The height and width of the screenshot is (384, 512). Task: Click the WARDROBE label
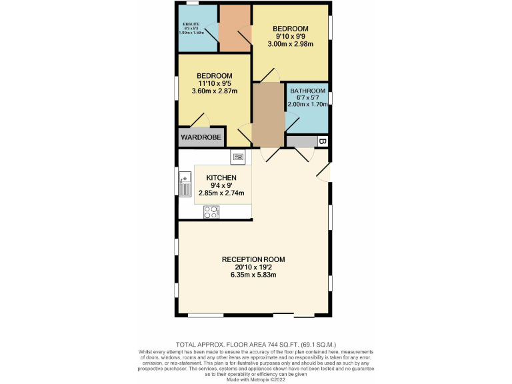(x=201, y=137)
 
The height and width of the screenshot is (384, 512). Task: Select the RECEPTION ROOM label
(x=254, y=259)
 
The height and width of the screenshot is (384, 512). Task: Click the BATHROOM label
(x=307, y=91)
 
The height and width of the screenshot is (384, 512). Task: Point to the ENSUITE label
(x=191, y=24)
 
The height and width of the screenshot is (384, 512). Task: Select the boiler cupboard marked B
(x=321, y=141)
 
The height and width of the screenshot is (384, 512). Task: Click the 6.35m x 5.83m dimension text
(x=254, y=274)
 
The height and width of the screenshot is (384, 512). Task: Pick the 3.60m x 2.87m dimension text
(x=214, y=91)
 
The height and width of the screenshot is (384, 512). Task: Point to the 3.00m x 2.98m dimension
(x=290, y=44)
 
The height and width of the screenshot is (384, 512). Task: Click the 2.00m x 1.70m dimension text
(x=307, y=104)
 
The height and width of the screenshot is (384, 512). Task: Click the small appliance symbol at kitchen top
(x=239, y=157)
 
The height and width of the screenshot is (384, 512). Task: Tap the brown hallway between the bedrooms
(x=269, y=115)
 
